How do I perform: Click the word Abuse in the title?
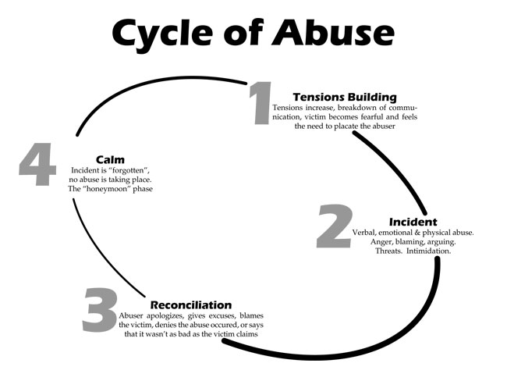(x=342, y=33)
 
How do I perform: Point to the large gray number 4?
(x=37, y=165)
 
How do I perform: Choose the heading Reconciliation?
(x=190, y=304)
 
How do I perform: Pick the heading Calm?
(x=110, y=159)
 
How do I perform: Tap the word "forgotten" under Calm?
(x=136, y=169)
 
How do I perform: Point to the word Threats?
(x=393, y=251)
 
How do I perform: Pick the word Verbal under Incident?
(x=347, y=233)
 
